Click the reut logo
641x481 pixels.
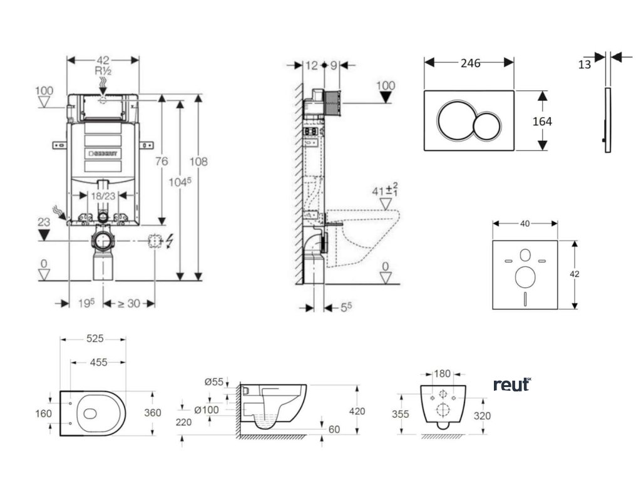click(x=511, y=384)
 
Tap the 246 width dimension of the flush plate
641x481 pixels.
click(x=469, y=63)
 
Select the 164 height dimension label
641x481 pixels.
click(x=542, y=121)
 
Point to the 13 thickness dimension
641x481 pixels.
click(x=585, y=64)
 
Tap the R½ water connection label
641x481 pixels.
click(x=103, y=71)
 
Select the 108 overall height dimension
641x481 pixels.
click(x=199, y=162)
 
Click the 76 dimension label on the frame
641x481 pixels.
click(x=162, y=162)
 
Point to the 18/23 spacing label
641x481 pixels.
click(x=103, y=195)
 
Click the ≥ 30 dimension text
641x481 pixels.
click(x=130, y=303)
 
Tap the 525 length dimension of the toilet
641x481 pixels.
click(x=94, y=339)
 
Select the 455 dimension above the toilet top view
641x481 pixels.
click(x=97, y=362)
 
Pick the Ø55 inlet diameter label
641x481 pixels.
click(x=213, y=381)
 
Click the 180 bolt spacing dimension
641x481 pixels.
click(x=443, y=374)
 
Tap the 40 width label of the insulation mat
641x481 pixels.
click(x=525, y=224)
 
